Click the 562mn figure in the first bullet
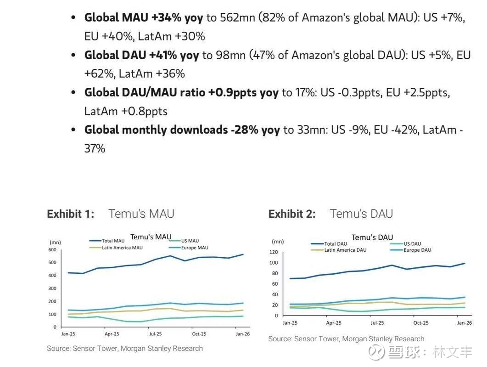coord(238,18)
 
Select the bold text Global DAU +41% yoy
coord(141,55)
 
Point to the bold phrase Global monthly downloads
coord(156,130)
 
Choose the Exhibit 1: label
coord(71,214)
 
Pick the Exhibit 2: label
coord(292,214)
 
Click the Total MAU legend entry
coord(113,241)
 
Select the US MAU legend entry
coord(190,241)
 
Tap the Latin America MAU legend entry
coord(122,248)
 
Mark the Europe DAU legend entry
coord(417,250)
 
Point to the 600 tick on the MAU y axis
coord(52,250)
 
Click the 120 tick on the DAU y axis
coord(274,252)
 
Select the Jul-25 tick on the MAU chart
coord(156,334)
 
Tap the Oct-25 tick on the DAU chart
coord(420,323)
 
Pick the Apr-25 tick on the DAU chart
coord(334,323)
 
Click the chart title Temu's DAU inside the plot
coord(372,237)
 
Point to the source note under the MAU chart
coord(125,349)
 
